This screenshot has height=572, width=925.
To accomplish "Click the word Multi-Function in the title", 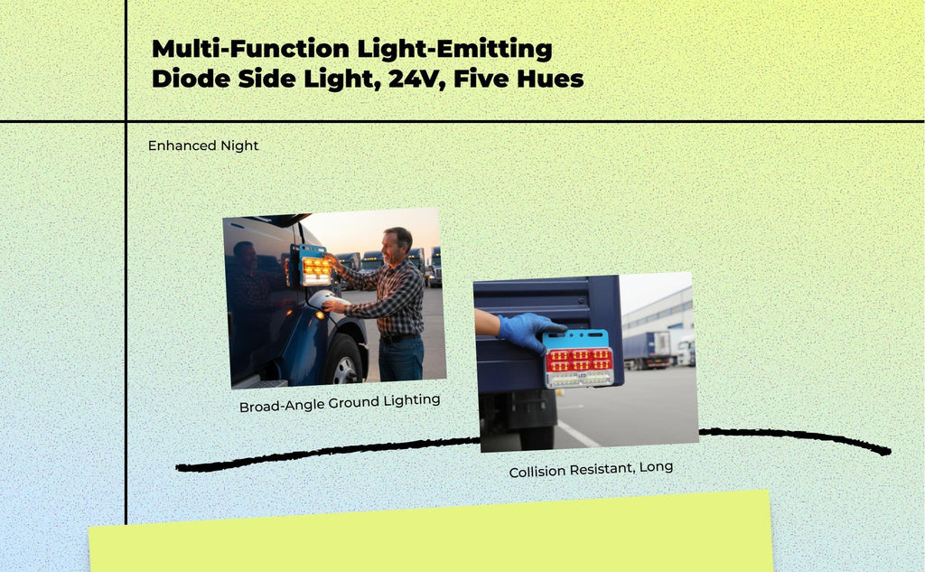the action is pos(250,49).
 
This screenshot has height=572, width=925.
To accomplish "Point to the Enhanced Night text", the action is pos(203,145).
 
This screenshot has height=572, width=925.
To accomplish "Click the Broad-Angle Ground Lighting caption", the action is pos(340,403).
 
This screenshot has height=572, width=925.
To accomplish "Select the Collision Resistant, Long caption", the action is pos(591,470).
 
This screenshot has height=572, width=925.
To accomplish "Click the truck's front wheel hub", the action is pos(344,370).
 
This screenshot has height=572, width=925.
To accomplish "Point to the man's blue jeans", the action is pos(402,358).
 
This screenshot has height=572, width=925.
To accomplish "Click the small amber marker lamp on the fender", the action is pos(319,315).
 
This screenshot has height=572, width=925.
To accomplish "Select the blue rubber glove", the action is pos(528,331).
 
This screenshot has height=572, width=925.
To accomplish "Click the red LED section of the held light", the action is pos(579,360).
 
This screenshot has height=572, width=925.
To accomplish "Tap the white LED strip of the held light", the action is pos(579,380).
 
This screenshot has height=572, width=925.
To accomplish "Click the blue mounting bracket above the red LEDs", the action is pos(575,338).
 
